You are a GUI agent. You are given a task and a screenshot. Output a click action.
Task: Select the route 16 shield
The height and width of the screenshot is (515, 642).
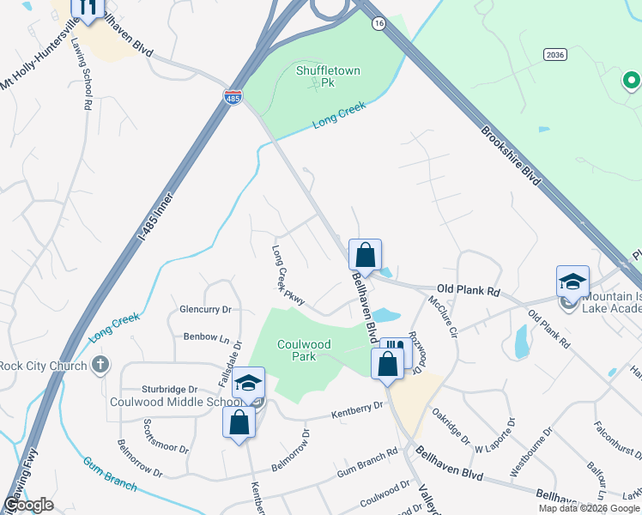pyautogui.click(x=379, y=24)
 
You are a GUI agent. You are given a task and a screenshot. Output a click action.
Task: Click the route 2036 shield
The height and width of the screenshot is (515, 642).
pyautogui.click(x=554, y=54)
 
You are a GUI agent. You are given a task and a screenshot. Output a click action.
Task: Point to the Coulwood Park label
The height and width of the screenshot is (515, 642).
pyautogui.click(x=304, y=350)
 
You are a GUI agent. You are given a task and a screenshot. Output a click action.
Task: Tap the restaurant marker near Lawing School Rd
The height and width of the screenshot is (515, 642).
pyautogui.click(x=88, y=8)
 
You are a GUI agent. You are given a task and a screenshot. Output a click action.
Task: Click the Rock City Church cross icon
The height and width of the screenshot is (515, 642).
pyautogui.click(x=100, y=366)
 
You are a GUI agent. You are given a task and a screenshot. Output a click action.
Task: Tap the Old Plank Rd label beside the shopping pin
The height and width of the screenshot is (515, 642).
pyautogui.click(x=468, y=291)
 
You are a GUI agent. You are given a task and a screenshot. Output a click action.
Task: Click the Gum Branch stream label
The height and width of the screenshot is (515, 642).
pyautogui.click(x=109, y=473)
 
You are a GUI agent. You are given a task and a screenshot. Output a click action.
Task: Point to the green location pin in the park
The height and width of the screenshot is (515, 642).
pyautogui.click(x=631, y=82)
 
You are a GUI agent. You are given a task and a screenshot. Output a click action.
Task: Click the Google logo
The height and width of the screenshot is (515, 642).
pyautogui.click(x=28, y=506)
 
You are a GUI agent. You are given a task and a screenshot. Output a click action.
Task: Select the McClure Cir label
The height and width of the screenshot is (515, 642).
pyautogui.click(x=445, y=316)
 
